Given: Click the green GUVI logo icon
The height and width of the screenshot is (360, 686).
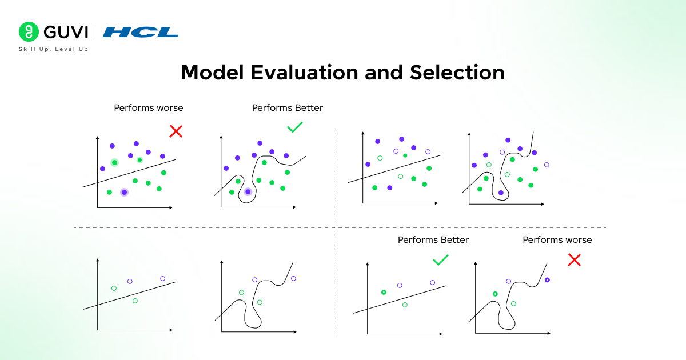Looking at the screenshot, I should (x=27, y=31).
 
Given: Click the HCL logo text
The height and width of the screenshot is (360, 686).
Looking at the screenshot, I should (x=140, y=32).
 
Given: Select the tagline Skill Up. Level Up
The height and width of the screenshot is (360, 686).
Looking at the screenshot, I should (x=53, y=49).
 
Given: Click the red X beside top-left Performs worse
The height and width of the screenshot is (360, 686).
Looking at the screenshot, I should (x=176, y=131).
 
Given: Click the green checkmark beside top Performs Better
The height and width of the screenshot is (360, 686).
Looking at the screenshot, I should (x=295, y=127).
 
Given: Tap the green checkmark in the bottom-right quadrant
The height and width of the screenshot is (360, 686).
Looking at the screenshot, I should (x=440, y=260).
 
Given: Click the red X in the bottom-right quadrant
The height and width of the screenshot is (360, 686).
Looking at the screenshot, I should (x=574, y=260).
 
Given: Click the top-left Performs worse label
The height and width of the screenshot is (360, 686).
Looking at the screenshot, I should (x=149, y=107).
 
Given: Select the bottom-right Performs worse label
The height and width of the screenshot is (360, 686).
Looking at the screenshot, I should (x=557, y=240).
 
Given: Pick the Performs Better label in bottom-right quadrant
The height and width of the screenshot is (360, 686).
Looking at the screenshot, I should (x=433, y=240).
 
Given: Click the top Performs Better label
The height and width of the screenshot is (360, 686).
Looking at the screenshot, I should (x=287, y=107).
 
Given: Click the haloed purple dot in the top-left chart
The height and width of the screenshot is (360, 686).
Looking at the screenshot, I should (x=124, y=192).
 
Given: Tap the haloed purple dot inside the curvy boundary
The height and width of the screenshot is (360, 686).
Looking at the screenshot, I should (x=248, y=192).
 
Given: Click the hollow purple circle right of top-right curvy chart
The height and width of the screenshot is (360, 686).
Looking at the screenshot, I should (x=547, y=165).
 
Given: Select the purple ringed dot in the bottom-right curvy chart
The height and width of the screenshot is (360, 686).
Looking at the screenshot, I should (x=547, y=280).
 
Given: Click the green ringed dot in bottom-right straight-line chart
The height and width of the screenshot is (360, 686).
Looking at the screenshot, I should (x=384, y=293).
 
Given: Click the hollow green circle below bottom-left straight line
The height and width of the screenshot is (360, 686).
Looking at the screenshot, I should (x=135, y=301).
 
